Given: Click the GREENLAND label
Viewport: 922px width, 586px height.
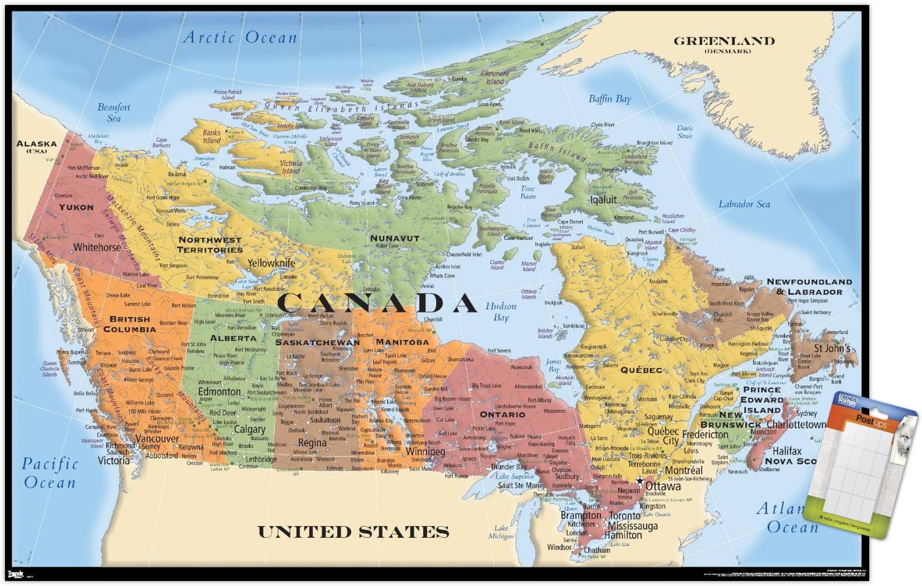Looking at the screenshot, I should [724, 41].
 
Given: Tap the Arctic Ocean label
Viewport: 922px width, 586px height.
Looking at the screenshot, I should [240, 38].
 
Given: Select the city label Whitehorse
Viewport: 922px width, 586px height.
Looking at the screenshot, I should [97, 247].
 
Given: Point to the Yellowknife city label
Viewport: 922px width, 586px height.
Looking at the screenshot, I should [271, 263].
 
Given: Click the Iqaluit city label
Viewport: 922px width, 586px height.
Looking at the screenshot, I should [603, 200].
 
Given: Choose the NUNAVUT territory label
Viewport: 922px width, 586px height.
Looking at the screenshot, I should [394, 238].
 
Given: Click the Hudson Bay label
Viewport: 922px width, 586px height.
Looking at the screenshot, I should [501, 312].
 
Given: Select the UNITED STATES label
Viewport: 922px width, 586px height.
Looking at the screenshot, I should [353, 532].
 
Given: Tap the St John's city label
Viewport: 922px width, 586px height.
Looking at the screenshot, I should [831, 348].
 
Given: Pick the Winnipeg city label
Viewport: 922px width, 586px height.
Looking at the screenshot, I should [425, 452].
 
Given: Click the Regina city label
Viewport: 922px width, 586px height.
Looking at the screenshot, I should [312, 443].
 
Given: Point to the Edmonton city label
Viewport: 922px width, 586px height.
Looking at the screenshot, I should [219, 392].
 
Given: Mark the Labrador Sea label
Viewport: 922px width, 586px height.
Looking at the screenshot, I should [744, 204].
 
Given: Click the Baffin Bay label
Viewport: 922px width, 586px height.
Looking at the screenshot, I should [609, 99].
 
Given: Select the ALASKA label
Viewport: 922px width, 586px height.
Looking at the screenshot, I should [37, 144].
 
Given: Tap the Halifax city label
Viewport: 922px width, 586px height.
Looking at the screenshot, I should [787, 451].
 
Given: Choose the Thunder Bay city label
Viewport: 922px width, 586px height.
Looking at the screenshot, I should [508, 467].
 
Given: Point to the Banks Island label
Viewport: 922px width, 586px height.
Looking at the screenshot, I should [212, 137].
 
